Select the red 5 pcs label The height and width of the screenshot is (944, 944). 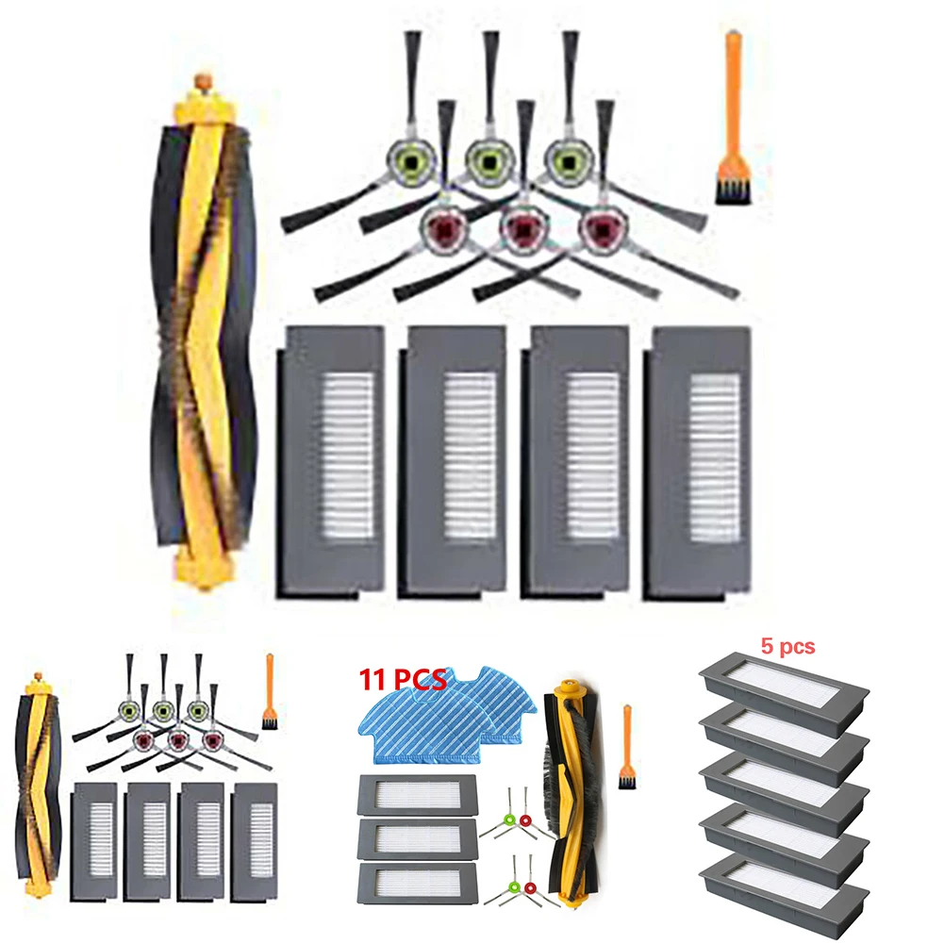click(x=787, y=647)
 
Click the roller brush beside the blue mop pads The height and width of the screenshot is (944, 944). click(x=569, y=764)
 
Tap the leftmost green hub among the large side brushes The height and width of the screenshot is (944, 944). click(x=407, y=161)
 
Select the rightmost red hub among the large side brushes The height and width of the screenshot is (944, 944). click(x=596, y=226)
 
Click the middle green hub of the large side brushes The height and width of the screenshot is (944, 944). click(x=488, y=161)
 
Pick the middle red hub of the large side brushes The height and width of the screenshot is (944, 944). click(x=516, y=226)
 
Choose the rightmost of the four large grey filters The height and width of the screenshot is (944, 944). click(x=699, y=462)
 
